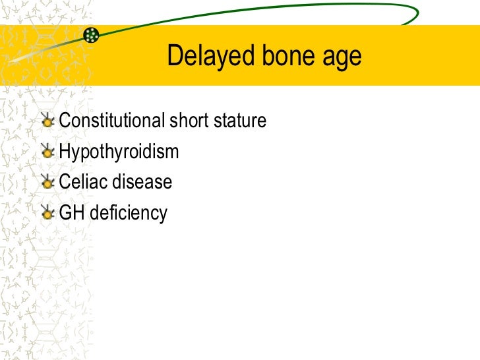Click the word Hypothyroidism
tap(119, 152)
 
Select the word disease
tap(141, 183)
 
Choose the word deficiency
tap(128, 214)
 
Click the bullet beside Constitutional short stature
tap(47, 121)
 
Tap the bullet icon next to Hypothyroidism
tap(47, 152)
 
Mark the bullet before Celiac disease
tap(47, 183)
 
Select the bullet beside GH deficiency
tap(47, 213)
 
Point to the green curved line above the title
tap(264, 9)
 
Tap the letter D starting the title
tap(174, 57)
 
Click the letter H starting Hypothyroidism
tap(65, 152)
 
